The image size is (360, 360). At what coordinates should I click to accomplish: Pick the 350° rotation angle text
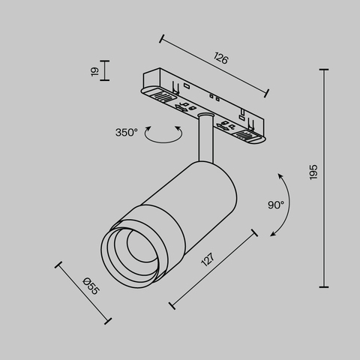point(126,132)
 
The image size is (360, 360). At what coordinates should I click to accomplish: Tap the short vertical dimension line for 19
point(104,70)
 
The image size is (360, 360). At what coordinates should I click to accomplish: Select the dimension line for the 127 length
point(214,270)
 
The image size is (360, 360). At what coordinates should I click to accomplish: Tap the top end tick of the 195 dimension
point(325,70)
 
